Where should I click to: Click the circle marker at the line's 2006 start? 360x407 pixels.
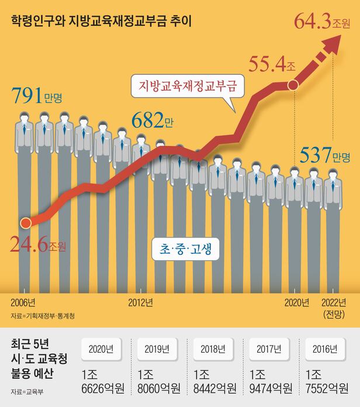click(x=25, y=223)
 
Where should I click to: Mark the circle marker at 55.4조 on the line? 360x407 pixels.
click(x=294, y=85)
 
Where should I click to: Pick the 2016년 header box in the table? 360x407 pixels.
click(x=324, y=350)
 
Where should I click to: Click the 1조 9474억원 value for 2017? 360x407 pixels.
click(x=269, y=381)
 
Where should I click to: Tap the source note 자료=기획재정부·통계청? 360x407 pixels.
click(x=43, y=316)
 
